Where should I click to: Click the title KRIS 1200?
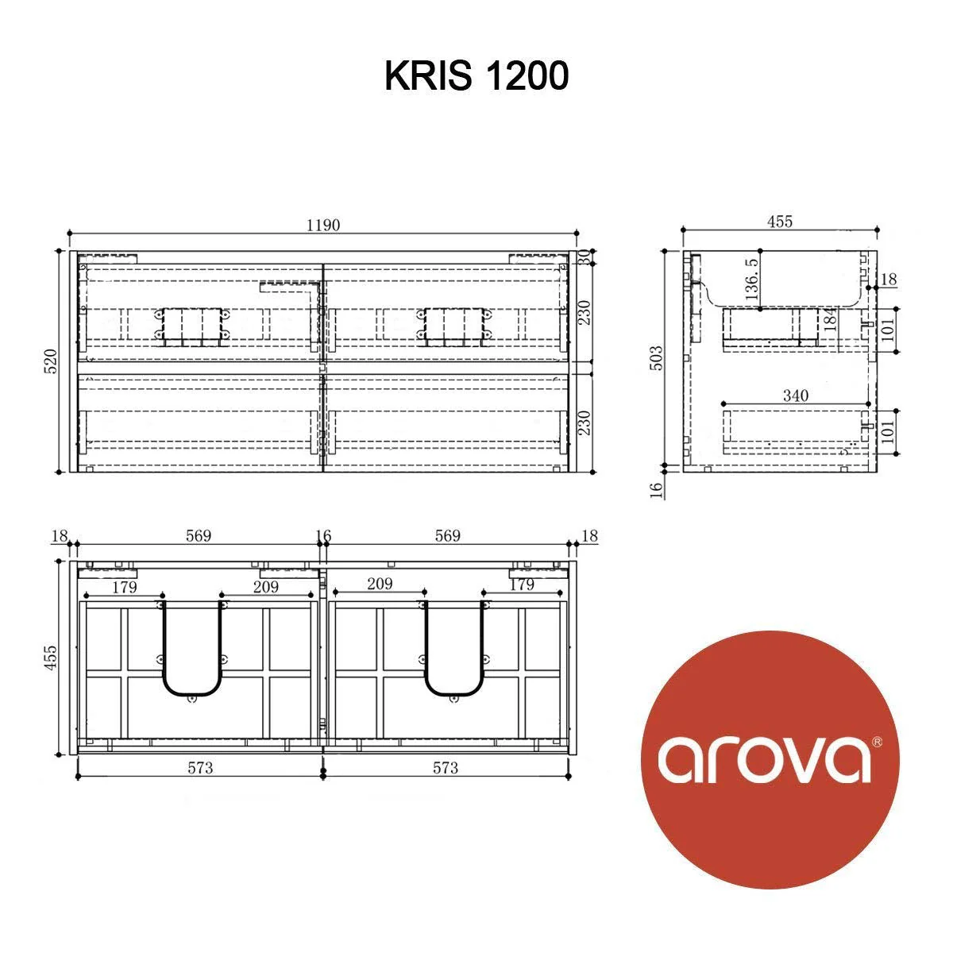[476, 77]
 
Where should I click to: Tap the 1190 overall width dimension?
[323, 225]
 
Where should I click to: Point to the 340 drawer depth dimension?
[795, 395]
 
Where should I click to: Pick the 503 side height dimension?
[657, 361]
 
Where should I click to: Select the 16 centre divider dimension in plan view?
[322, 536]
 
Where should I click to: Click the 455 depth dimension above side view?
[779, 222]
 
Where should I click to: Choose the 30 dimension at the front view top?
[584, 257]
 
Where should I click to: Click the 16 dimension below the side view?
[656, 490]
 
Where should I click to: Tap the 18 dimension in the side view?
[889, 280]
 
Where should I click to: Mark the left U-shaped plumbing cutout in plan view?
[191, 650]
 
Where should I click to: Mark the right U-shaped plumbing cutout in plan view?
[454, 650]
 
